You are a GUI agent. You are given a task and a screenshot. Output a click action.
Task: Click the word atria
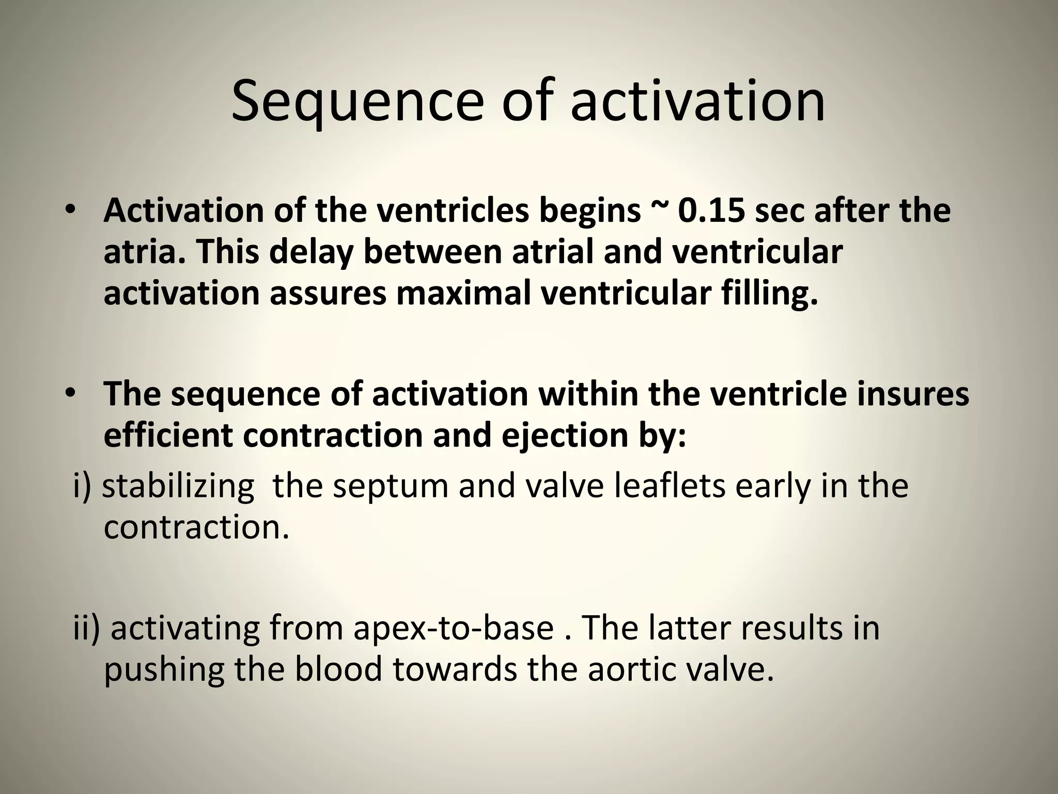click(x=141, y=252)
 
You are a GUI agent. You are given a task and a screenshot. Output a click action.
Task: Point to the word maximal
click(x=463, y=293)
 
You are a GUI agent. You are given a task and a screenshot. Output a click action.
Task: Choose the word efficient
click(x=168, y=435)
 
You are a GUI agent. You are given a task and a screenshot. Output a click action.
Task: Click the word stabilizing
click(x=178, y=487)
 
